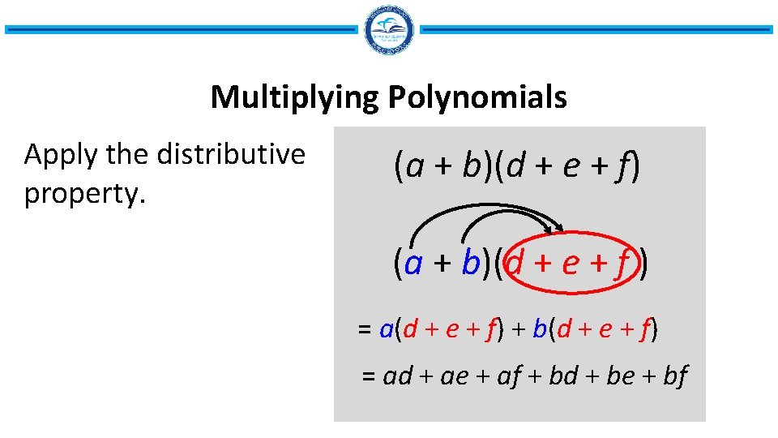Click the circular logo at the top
(390, 30)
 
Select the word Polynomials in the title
(477, 98)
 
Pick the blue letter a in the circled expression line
(414, 264)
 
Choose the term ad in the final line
(397, 376)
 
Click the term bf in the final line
(674, 376)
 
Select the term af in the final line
(508, 376)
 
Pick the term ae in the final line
(453, 376)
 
